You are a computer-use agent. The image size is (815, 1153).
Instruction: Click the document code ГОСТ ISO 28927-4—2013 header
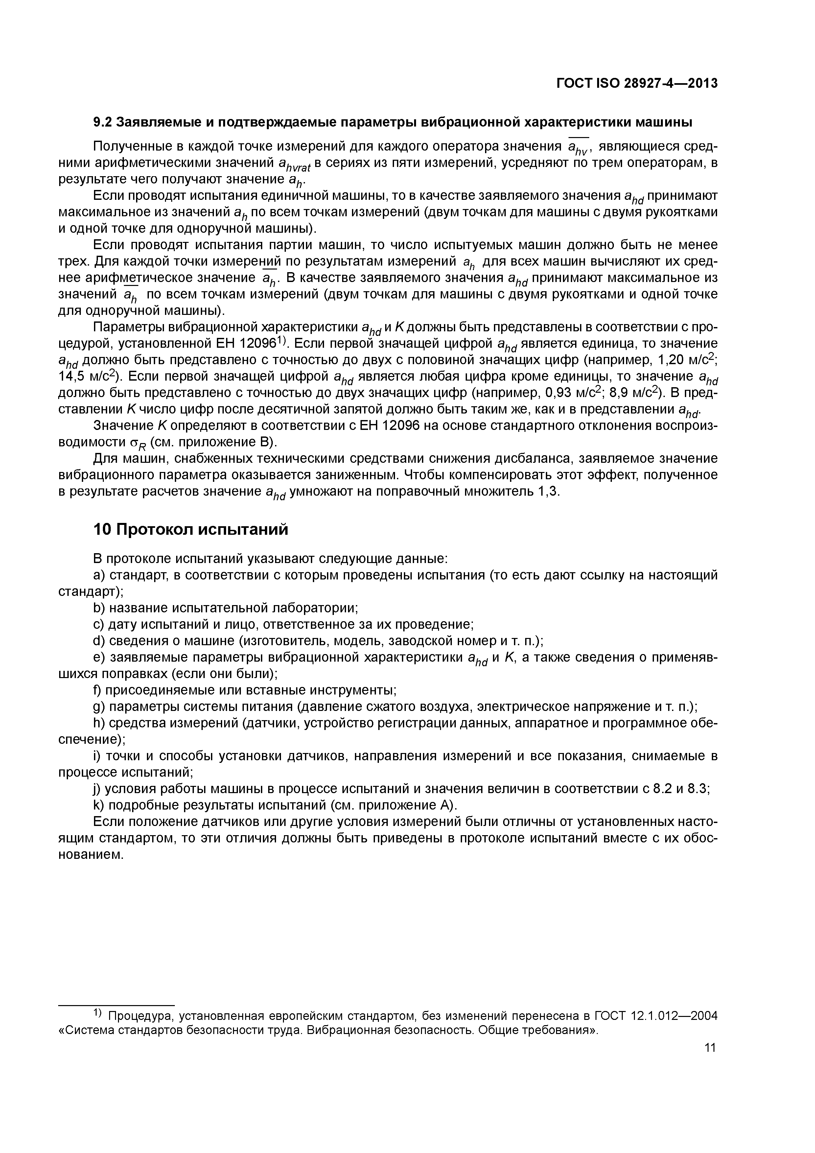coord(637,83)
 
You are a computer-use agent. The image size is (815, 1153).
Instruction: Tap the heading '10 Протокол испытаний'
coord(191,529)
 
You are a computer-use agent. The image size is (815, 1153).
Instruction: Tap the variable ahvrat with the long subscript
coord(295,165)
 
